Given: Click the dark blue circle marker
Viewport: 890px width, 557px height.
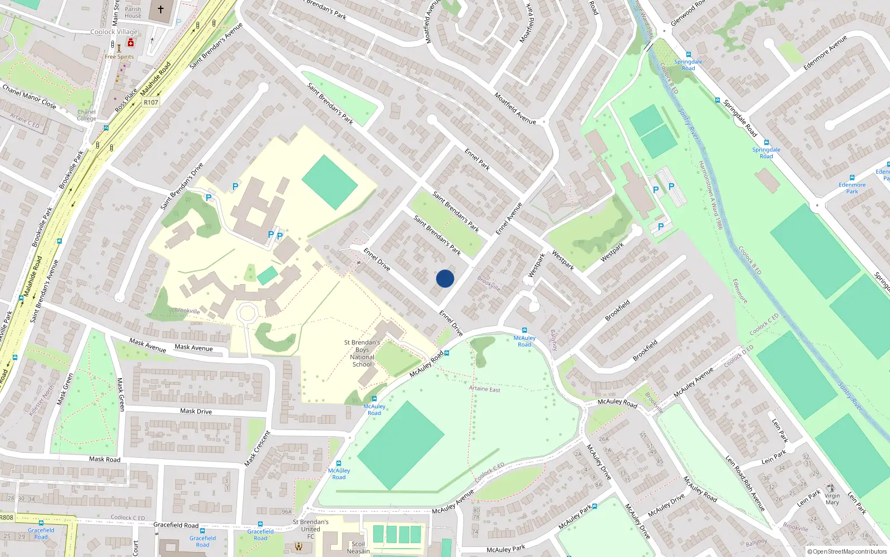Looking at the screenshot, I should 445,278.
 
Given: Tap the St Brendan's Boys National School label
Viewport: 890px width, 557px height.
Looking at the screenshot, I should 362,354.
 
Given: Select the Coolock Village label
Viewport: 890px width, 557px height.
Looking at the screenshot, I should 114,32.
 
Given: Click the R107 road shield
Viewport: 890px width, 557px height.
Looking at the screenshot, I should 151,102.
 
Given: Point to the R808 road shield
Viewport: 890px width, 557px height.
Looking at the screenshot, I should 6,517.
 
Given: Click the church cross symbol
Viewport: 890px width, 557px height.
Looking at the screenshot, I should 161,9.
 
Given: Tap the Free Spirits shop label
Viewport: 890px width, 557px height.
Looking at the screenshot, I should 119,57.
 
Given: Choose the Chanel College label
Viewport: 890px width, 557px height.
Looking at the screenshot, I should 86,115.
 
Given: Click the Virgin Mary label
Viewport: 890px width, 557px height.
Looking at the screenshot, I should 832,499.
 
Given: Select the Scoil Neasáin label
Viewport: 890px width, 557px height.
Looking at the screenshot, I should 358,548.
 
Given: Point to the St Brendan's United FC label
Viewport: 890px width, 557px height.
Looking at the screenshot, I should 310,529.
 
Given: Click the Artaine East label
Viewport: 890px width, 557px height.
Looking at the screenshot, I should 484,389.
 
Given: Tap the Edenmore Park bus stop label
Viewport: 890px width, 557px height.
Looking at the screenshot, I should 852,188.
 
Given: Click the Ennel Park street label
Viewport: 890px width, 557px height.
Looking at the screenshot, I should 477,159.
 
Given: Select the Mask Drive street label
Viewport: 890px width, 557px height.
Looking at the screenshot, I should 196,412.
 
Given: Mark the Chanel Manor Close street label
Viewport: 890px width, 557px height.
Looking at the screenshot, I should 29,96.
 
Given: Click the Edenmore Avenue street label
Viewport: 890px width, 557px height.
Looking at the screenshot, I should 825,53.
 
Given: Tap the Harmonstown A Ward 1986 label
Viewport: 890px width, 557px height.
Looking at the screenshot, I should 710,195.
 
